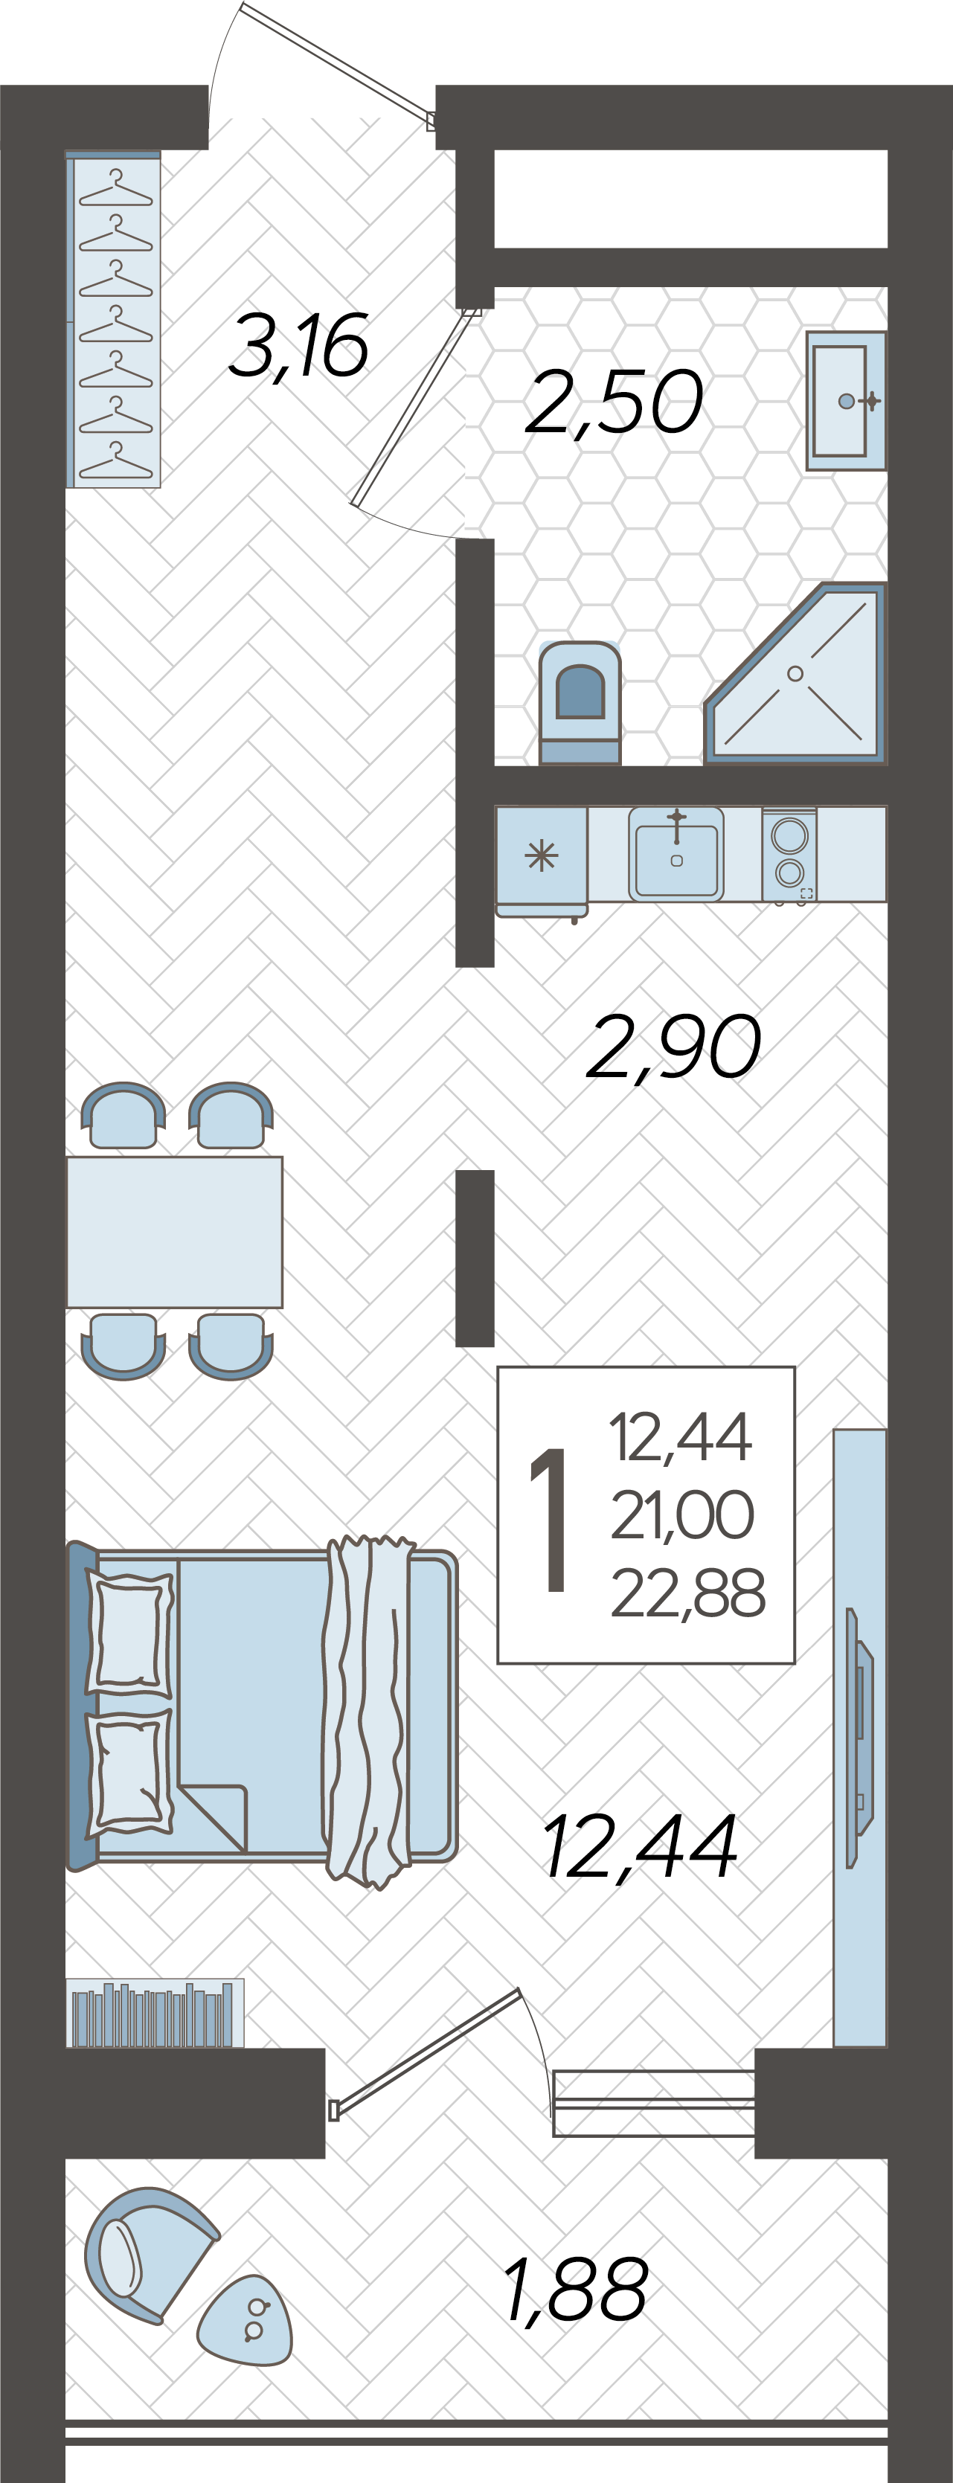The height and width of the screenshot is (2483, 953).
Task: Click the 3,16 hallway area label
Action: point(299,346)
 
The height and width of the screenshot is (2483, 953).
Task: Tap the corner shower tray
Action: point(796,672)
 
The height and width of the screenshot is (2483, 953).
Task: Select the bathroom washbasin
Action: point(846,401)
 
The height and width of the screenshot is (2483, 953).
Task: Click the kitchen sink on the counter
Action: point(676,854)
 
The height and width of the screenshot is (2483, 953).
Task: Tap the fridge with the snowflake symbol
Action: point(542,861)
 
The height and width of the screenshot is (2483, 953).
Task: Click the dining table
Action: point(174,1232)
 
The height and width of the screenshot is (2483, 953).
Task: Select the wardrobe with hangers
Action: point(114,319)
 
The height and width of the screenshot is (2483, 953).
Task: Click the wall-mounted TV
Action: point(859,1737)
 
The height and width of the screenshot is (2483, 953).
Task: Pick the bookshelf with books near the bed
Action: point(154,2014)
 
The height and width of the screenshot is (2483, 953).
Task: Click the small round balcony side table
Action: point(247,2320)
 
